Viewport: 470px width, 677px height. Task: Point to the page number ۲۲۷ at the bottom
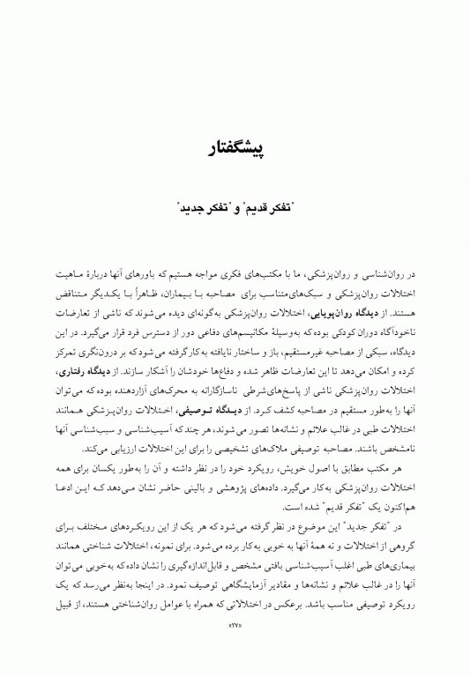pos(235,651)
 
